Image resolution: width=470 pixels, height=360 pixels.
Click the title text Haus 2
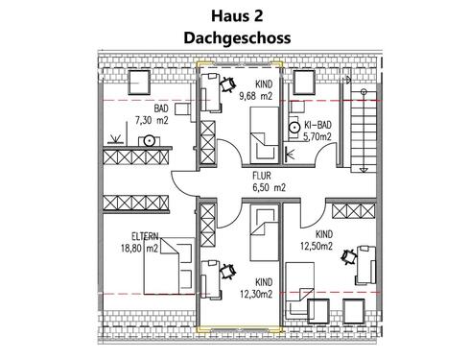pos(235,15)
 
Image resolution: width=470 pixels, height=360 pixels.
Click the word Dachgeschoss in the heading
pos(235,38)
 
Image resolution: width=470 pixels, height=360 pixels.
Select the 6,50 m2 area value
pos(269,188)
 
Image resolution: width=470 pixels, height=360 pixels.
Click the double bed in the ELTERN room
pos(159,268)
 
